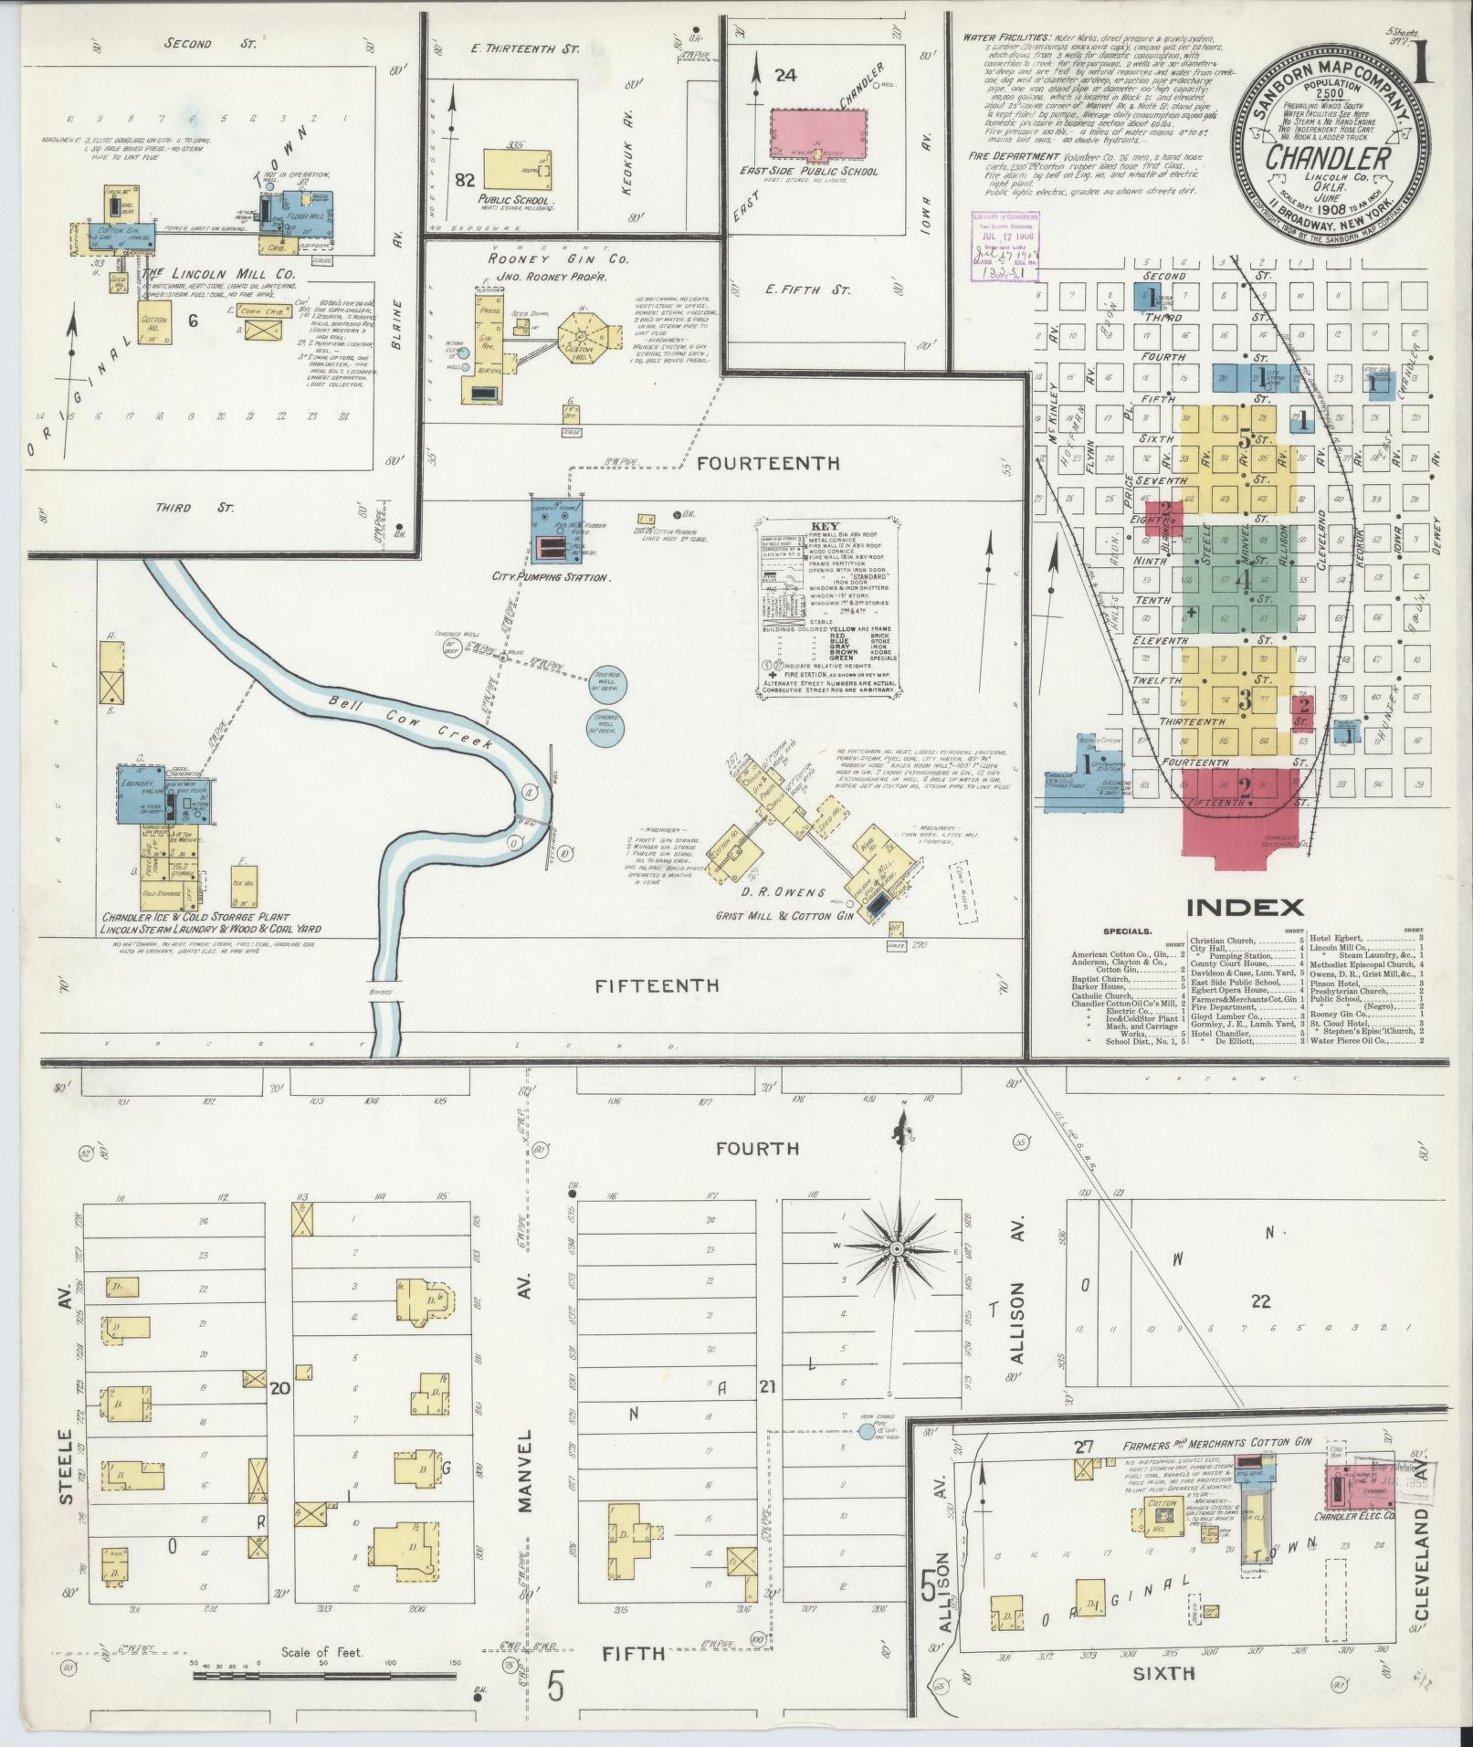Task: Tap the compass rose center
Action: pyautogui.click(x=898, y=1247)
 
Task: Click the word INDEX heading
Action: pyautogui.click(x=1245, y=907)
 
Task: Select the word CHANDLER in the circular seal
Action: pyautogui.click(x=1328, y=157)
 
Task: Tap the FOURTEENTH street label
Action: pyautogui.click(x=768, y=463)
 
